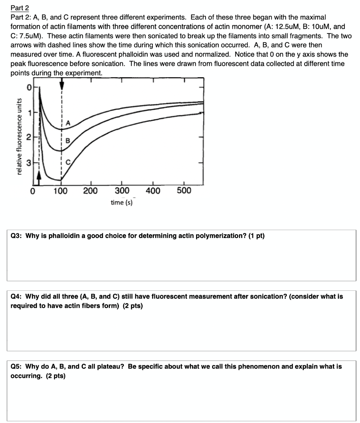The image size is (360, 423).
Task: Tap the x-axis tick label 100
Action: pyautogui.click(x=61, y=191)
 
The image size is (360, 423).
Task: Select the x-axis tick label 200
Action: pyautogui.click(x=91, y=191)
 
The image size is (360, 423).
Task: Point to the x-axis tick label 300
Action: pyautogui.click(x=122, y=191)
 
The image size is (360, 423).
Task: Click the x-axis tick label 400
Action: pyautogui.click(x=153, y=191)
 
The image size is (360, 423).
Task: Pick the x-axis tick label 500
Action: pyautogui.click(x=184, y=191)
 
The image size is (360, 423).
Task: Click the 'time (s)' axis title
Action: pyautogui.click(x=122, y=202)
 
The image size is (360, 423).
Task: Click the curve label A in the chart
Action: pyautogui.click(x=68, y=122)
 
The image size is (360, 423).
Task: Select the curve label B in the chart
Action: pyautogui.click(x=68, y=140)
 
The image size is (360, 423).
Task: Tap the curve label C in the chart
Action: pyautogui.click(x=68, y=163)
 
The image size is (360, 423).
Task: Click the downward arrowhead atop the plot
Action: pyautogui.click(x=62, y=85)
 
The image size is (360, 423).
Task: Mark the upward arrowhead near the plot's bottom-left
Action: pyautogui.click(x=39, y=176)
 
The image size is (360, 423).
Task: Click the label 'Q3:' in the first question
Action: pyautogui.click(x=17, y=236)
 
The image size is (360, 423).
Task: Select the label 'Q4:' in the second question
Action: pyautogui.click(x=17, y=296)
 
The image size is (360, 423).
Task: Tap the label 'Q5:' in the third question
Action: pyautogui.click(x=17, y=366)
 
